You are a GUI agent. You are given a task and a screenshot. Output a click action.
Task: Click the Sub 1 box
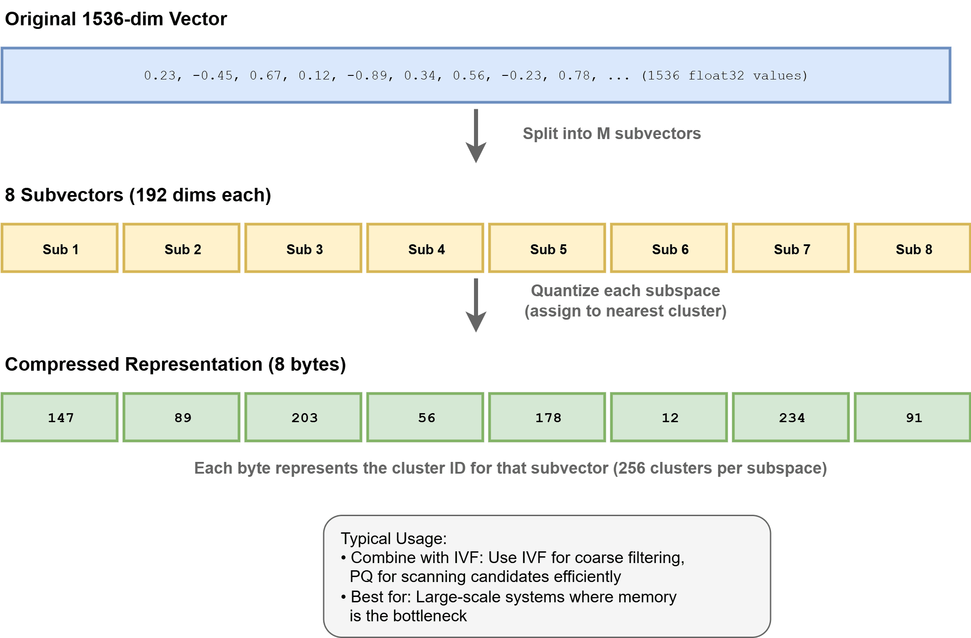click(60, 248)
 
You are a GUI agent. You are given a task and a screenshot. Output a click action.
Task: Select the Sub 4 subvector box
click(425, 248)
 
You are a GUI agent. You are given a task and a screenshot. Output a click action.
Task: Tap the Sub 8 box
click(912, 248)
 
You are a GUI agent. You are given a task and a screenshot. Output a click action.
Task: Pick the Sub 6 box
click(669, 248)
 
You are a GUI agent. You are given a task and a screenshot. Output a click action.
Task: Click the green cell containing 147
click(60, 417)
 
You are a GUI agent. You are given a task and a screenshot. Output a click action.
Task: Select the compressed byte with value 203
click(303, 417)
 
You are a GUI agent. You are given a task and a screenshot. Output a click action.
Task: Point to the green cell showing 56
click(425, 417)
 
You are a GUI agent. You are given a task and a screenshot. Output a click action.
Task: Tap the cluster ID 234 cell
click(791, 417)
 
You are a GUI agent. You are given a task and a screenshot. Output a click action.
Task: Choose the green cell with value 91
click(912, 417)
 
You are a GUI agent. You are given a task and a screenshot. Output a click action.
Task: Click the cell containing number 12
click(669, 417)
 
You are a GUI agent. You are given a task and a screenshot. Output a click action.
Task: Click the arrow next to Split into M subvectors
click(476, 135)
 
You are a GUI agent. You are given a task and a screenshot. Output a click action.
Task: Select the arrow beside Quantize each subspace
click(476, 305)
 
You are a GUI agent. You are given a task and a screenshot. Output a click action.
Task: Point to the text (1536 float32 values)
click(724, 75)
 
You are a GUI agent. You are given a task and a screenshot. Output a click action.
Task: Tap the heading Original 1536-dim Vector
click(116, 19)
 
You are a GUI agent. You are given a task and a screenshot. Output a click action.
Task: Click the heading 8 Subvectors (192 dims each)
click(138, 195)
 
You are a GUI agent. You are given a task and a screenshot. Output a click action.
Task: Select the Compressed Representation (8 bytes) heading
click(175, 364)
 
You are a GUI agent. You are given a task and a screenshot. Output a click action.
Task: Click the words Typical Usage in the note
click(393, 538)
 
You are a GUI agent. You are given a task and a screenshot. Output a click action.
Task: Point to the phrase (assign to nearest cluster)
click(625, 311)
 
